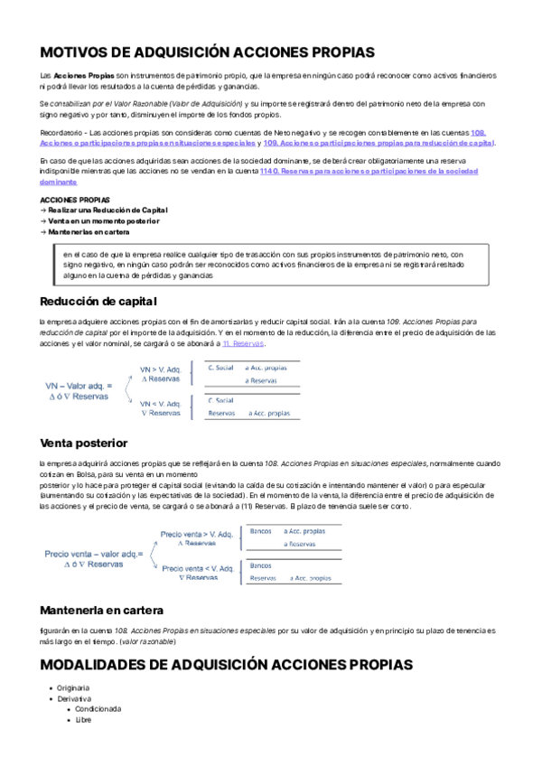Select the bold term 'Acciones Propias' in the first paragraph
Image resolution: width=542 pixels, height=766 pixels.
(x=83, y=75)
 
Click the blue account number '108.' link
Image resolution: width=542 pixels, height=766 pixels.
(x=478, y=133)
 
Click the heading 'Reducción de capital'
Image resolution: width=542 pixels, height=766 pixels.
(x=98, y=301)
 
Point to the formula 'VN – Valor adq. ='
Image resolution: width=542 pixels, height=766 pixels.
(x=79, y=386)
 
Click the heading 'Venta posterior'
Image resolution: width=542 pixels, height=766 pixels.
(x=84, y=443)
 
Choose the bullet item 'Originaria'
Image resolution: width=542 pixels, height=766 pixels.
(x=75, y=687)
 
